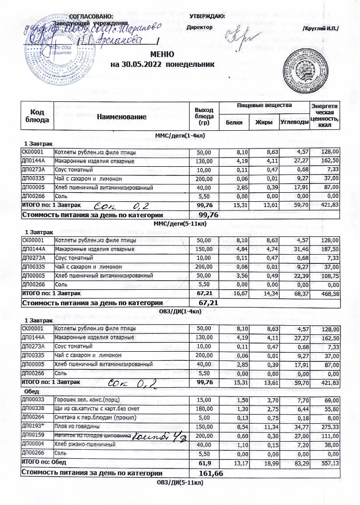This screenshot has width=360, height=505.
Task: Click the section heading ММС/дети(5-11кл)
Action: coord(180,223)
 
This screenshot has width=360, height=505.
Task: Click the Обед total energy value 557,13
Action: coord(329,463)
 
